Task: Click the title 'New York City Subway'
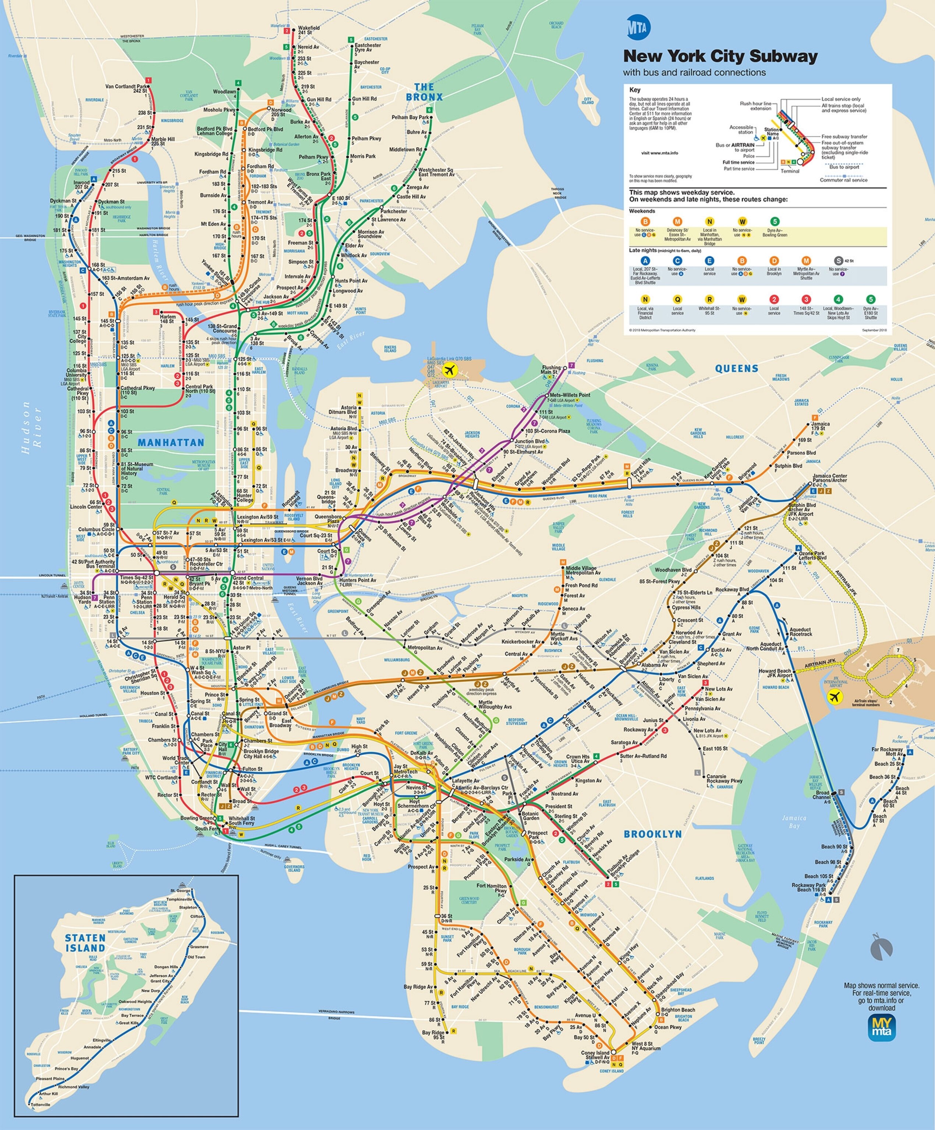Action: pos(720,56)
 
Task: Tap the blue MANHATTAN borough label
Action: pos(171,442)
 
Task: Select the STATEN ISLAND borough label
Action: pos(85,943)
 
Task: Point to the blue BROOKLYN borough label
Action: pos(652,834)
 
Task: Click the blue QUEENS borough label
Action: pos(736,369)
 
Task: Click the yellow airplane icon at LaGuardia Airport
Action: pos(449,370)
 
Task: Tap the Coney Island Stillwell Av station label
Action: pos(595,1055)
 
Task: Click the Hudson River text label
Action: pos(32,428)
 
